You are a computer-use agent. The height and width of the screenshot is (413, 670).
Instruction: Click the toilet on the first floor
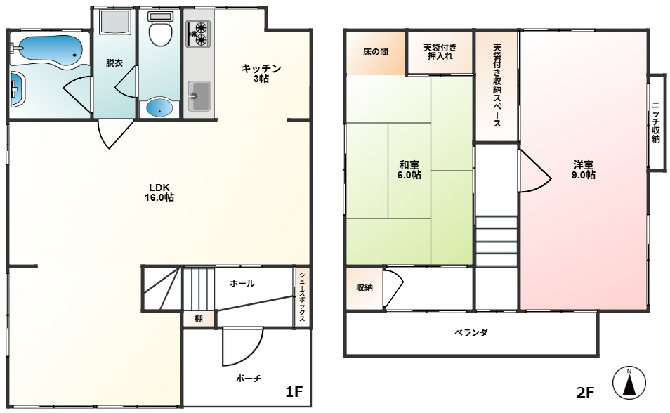click(x=160, y=28)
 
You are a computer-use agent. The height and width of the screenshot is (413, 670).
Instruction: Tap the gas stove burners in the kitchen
click(x=198, y=34)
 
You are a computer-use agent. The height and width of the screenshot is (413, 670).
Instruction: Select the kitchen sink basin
click(x=199, y=96)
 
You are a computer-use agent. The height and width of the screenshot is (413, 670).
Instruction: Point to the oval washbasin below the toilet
click(x=160, y=107)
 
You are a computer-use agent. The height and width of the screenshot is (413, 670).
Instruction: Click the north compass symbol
click(x=629, y=382)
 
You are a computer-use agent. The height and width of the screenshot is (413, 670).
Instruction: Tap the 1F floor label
click(x=294, y=391)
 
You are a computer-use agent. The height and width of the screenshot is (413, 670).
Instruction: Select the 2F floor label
click(x=586, y=392)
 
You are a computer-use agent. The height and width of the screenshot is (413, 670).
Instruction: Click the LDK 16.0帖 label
click(x=159, y=192)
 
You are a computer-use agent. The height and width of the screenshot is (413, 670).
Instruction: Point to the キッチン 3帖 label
click(x=261, y=73)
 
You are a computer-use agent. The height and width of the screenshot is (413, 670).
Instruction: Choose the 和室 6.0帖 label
click(x=409, y=170)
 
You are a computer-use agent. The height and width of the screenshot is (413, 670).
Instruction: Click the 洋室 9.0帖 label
click(x=583, y=170)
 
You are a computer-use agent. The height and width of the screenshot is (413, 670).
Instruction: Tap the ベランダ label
click(x=471, y=332)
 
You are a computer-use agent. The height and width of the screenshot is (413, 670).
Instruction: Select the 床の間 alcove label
click(x=376, y=52)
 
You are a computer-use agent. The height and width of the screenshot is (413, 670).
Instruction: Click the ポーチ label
click(x=248, y=378)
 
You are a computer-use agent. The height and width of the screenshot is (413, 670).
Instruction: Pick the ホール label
click(x=242, y=284)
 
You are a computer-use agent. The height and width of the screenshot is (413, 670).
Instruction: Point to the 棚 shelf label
click(x=199, y=319)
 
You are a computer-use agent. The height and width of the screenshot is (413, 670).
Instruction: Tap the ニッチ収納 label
click(x=656, y=122)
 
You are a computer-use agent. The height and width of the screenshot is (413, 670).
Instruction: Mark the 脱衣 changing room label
click(x=114, y=63)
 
